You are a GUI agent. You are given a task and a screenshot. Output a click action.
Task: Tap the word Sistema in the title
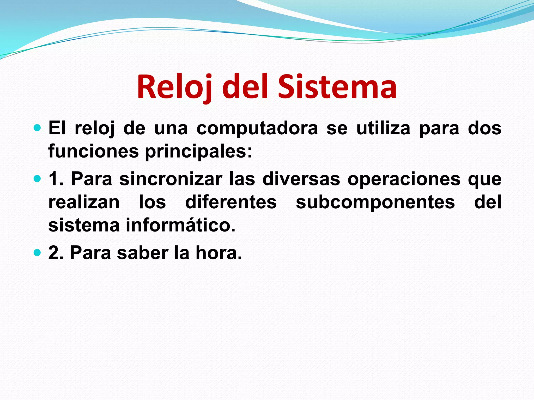pyautogui.click(x=337, y=87)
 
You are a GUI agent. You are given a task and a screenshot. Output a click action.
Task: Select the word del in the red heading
pyautogui.click(x=245, y=87)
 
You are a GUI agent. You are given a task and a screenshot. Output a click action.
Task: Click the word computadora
pyautogui.click(x=257, y=129)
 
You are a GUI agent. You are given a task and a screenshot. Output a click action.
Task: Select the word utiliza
pyautogui.click(x=383, y=129)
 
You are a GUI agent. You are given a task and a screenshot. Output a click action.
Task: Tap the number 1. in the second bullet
pyautogui.click(x=56, y=179)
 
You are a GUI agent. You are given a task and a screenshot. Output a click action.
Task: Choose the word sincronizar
pyautogui.click(x=171, y=179)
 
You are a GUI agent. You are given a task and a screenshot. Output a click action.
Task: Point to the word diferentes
pyautogui.click(x=231, y=202)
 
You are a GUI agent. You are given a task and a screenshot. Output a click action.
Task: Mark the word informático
pyautogui.click(x=181, y=225)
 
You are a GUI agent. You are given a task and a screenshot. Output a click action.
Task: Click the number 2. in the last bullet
pyautogui.click(x=56, y=253)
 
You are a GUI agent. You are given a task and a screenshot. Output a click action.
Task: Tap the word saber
pyautogui.click(x=143, y=253)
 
